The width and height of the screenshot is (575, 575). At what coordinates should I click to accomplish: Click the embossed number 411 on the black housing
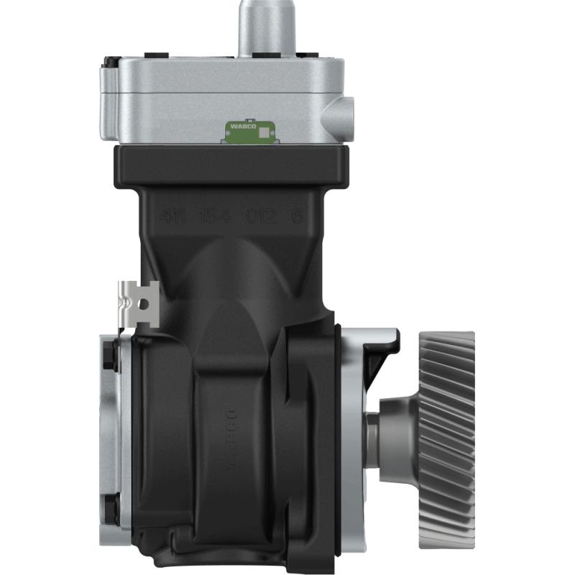tap(173, 215)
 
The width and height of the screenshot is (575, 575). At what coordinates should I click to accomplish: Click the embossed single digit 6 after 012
tap(295, 215)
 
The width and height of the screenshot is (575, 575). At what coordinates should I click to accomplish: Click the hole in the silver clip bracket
tap(144, 305)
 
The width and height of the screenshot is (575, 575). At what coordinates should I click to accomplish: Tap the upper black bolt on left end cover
tap(109, 355)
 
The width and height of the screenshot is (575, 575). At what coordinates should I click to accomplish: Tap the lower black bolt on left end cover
tap(109, 508)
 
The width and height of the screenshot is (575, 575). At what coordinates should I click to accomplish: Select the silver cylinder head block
tap(223, 101)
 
